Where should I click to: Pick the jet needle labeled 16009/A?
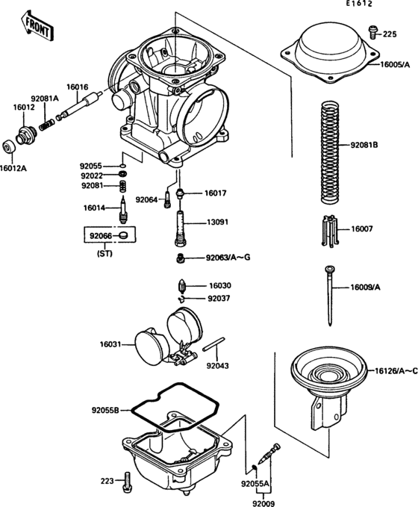pos(328,295)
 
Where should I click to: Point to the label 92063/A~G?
pos(228,258)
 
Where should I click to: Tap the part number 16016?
pos(78,87)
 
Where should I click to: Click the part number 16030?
pos(221,286)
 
